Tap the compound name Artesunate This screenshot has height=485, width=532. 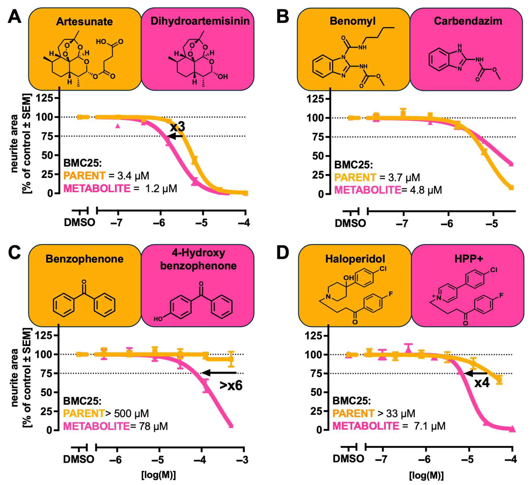coord(84,22)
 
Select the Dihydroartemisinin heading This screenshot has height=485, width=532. coord(200,21)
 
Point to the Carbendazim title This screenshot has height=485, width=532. coord(468,21)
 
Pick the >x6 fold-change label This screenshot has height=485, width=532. coord(231,386)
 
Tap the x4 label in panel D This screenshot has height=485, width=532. coord(482,383)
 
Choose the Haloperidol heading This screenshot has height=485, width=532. coord(355,259)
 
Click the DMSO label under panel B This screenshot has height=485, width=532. coord(350,223)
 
